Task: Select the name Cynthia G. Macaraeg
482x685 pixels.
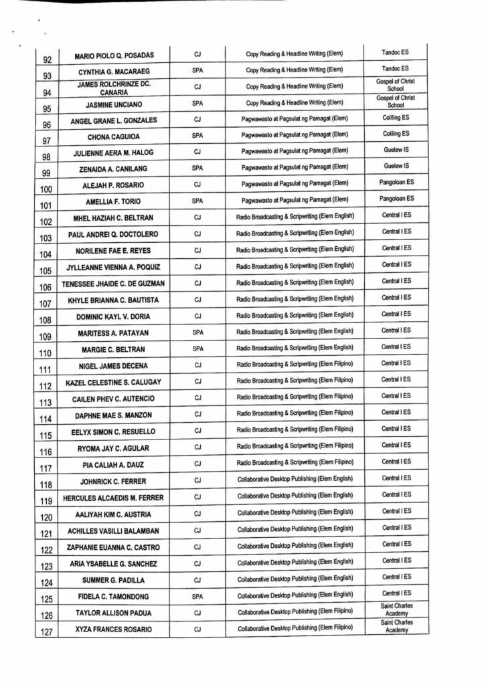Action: coord(114,71)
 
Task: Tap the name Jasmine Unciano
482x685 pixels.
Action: coord(114,104)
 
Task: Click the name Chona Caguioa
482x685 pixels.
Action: coord(114,137)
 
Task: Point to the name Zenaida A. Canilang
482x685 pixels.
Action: coord(114,170)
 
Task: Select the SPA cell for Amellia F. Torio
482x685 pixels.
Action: coord(197,200)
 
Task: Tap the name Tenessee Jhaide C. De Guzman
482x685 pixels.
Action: coord(114,284)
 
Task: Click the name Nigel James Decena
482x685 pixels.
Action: coord(114,366)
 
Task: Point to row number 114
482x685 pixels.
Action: coord(46,419)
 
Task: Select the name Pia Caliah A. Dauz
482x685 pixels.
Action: coord(114,464)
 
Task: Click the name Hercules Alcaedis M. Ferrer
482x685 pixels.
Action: coord(114,498)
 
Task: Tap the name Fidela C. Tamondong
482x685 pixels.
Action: coord(114,596)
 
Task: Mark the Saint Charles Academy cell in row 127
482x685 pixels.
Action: coord(396,626)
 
